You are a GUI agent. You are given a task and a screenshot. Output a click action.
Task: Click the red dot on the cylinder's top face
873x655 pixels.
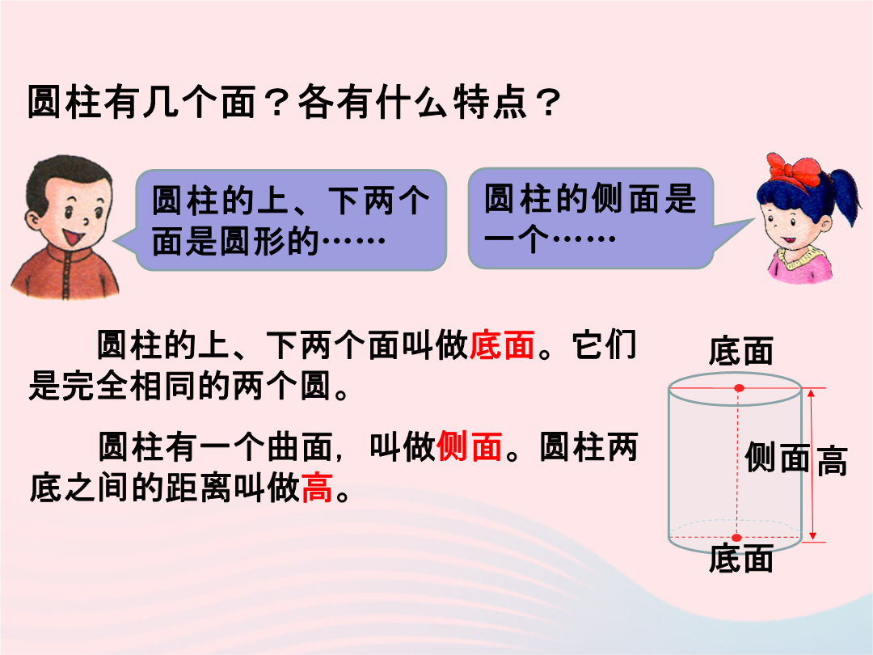point(739,387)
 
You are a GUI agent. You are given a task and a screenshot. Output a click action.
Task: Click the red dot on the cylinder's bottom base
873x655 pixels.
point(736,538)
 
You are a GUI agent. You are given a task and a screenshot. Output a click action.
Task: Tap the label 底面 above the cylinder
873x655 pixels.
point(741,351)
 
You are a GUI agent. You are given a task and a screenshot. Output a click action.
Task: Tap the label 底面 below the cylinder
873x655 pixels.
point(741,559)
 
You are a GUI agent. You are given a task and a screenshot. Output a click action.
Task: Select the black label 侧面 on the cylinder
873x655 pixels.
point(778,457)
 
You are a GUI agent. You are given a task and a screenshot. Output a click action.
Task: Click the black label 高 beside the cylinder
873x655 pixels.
point(833,461)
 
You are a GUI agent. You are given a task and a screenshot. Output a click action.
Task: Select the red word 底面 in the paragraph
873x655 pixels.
point(502,344)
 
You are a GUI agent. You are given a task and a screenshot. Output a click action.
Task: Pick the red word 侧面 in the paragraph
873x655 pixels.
point(470,446)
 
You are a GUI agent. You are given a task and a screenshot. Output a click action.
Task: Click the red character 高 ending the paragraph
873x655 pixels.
point(318,488)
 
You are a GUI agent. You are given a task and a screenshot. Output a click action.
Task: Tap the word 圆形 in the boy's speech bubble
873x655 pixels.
point(253,242)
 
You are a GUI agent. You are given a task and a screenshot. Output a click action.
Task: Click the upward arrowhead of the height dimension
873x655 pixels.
point(812,393)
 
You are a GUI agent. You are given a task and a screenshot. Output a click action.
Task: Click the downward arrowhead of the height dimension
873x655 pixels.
point(812,535)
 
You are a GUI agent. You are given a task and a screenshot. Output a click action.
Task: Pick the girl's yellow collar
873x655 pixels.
point(797,256)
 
